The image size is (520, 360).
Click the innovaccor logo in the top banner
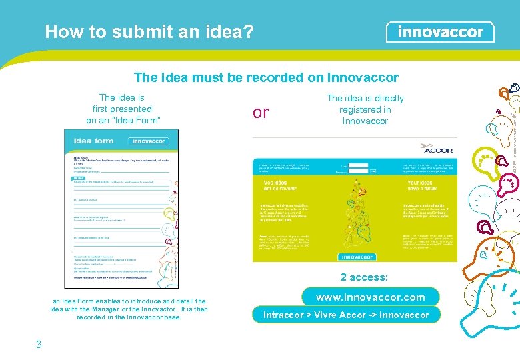pyautogui.click(x=440, y=32)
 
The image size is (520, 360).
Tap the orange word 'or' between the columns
pyautogui.click(x=261, y=113)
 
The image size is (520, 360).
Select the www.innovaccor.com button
pyautogui.click(x=370, y=297)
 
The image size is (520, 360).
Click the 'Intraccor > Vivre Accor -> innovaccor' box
pyautogui.click(x=346, y=315)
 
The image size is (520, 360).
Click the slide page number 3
pyautogui.click(x=39, y=344)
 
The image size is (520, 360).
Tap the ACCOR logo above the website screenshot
pyautogui.click(x=437, y=149)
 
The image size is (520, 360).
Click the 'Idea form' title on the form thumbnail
pyautogui.click(x=94, y=141)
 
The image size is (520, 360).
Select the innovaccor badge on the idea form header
pyautogui.click(x=148, y=141)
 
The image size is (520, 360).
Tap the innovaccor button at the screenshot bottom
pyautogui.click(x=357, y=256)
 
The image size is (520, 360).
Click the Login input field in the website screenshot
pyautogui.click(x=359, y=165)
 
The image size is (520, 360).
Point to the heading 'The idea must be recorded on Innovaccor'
pyautogui.click(x=266, y=77)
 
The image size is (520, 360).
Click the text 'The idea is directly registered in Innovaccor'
pyautogui.click(x=365, y=109)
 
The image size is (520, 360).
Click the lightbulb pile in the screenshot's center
pyautogui.click(x=357, y=213)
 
